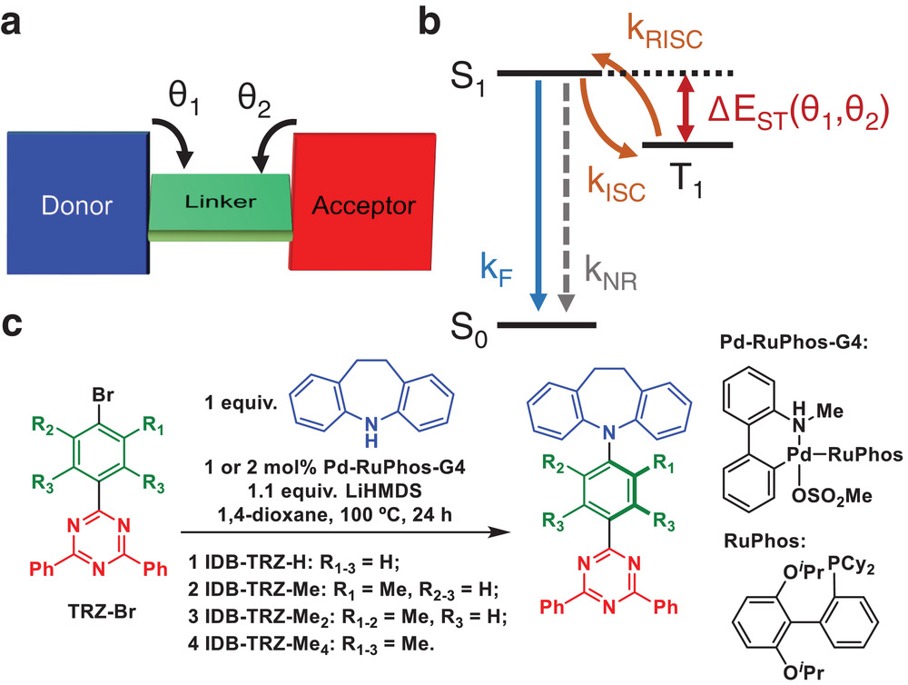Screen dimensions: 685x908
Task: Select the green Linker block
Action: [221, 202]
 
